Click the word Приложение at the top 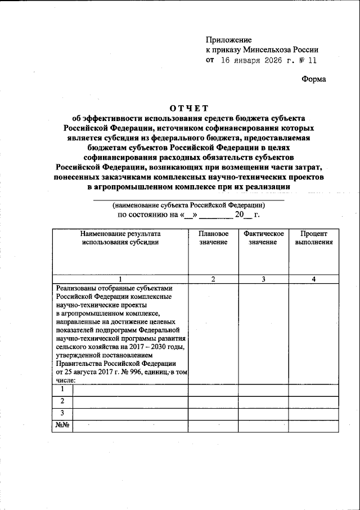click(229, 40)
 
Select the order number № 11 click(309, 60)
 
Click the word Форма click(313, 79)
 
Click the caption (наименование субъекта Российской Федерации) click(189, 205)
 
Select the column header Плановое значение click(213, 238)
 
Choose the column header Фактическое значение click(264, 238)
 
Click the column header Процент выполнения click(313, 238)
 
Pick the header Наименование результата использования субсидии click(120, 238)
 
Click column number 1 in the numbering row click(120, 279)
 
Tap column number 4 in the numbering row click(313, 279)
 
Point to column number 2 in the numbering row click(213, 279)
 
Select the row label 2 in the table click(62, 401)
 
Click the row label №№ click(62, 426)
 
